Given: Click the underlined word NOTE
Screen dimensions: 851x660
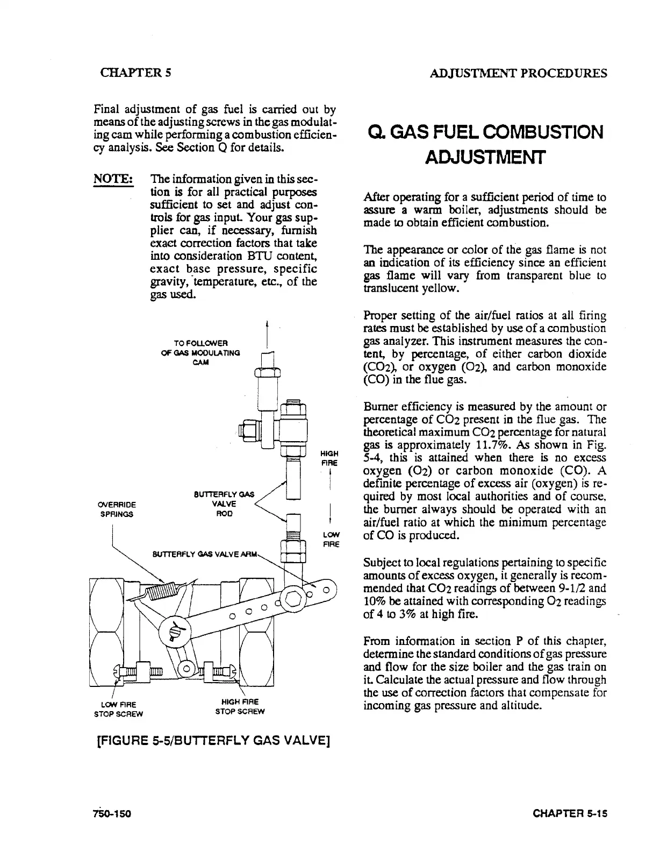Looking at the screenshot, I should click(x=113, y=178).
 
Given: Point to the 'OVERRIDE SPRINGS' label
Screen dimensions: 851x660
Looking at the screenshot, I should click(x=116, y=509).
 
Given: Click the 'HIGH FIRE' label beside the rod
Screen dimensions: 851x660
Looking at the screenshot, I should click(x=329, y=458).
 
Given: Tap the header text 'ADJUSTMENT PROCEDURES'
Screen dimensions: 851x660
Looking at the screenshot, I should click(x=519, y=73).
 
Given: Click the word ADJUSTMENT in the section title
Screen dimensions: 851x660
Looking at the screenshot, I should click(x=485, y=158).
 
